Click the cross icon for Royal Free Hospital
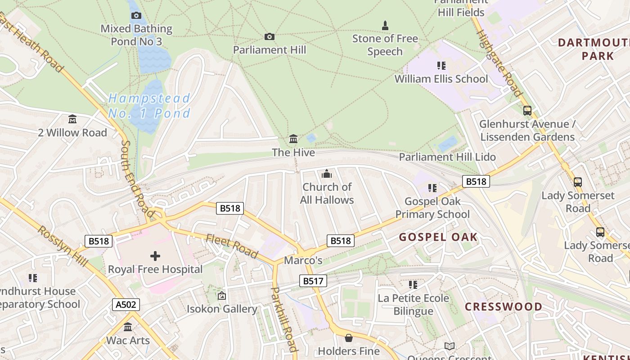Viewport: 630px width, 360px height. tap(155, 256)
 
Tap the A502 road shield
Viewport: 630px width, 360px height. tap(126, 305)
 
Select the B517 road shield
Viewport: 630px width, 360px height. tap(313, 281)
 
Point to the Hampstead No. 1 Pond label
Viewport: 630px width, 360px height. tap(149, 105)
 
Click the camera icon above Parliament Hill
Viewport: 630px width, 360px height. tap(269, 36)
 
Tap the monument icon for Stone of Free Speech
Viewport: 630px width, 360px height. tap(385, 25)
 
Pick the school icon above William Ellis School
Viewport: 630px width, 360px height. tap(441, 66)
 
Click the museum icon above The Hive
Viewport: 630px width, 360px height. tap(293, 139)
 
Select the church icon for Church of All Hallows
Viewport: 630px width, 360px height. tap(327, 174)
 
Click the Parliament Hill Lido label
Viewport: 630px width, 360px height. tap(447, 157)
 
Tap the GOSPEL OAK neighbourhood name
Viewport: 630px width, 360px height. tap(438, 237)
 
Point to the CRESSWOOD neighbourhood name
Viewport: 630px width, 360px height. tap(504, 307)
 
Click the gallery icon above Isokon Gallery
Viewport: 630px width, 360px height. tap(221, 296)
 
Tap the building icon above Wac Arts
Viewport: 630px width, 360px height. tap(128, 327)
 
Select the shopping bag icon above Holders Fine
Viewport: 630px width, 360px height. tap(348, 337)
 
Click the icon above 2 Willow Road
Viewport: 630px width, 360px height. tap(72, 119)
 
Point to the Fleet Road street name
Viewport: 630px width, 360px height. tap(232, 247)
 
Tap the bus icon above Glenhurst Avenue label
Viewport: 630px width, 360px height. tap(527, 110)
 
